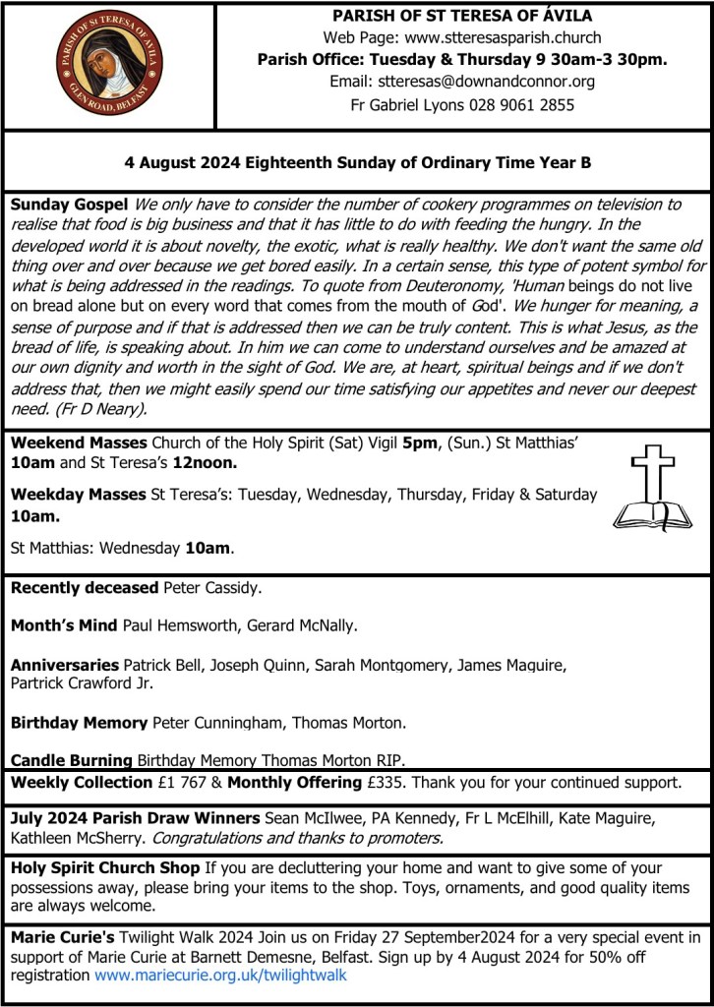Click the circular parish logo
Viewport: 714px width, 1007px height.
(x=109, y=64)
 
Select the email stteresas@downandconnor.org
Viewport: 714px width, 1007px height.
(x=462, y=82)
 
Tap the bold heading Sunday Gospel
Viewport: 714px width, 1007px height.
(x=69, y=205)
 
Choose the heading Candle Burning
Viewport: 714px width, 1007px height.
(x=71, y=759)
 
